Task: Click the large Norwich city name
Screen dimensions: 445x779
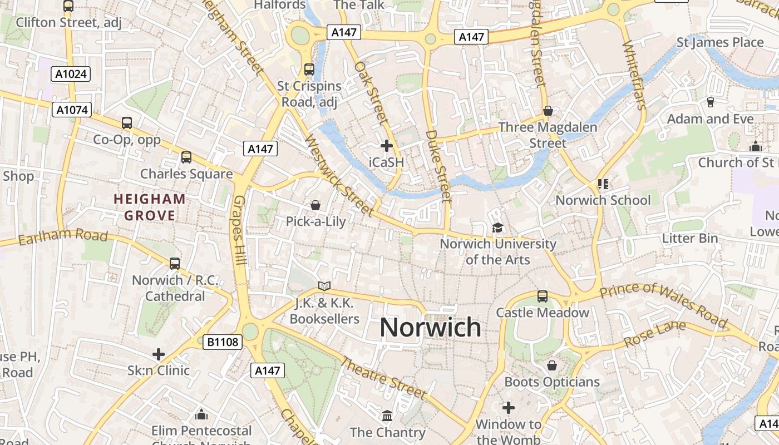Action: point(430,327)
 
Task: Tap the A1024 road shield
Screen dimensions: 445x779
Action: point(71,74)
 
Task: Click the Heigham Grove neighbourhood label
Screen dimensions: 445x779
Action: point(150,207)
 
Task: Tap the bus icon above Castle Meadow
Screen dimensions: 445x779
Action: point(543,296)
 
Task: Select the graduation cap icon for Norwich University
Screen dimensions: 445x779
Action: point(497,228)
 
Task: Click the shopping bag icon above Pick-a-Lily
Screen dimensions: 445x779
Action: point(315,206)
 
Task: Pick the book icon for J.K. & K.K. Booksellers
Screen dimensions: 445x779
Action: point(324,286)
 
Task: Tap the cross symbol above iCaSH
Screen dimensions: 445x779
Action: point(386,146)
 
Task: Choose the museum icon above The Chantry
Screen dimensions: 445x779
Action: point(387,416)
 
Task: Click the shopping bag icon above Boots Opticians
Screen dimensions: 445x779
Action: point(552,365)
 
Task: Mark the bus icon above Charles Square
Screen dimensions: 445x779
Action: point(186,157)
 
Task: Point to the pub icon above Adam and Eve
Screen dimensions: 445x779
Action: point(710,102)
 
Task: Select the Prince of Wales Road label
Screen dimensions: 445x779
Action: point(663,304)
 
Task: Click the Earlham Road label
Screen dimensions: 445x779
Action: point(62,236)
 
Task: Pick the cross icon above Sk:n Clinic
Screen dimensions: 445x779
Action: point(159,354)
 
